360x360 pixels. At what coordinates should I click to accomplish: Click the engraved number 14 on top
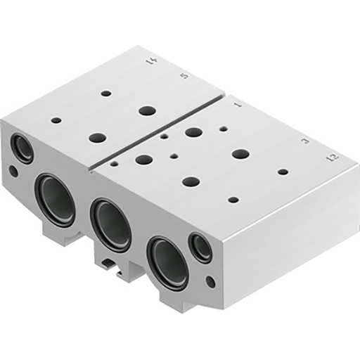pyautogui.click(x=150, y=63)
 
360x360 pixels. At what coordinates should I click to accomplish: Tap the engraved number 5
pyautogui.click(x=184, y=75)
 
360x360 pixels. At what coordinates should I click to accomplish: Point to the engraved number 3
pyautogui.click(x=304, y=141)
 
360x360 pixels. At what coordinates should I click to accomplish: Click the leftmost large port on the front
pyautogui.click(x=57, y=200)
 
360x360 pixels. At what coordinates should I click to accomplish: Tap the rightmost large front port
pyautogui.click(x=168, y=262)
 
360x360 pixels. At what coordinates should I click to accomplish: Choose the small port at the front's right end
pyautogui.click(x=202, y=248)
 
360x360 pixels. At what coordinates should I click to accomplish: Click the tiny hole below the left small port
pyautogui.click(x=13, y=171)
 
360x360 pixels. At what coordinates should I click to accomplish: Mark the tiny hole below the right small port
pyautogui.click(x=210, y=282)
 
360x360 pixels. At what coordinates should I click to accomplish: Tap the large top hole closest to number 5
pyautogui.click(x=147, y=110)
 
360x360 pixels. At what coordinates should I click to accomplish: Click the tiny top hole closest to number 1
pyautogui.click(x=223, y=129)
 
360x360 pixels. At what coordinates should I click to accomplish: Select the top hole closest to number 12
pyautogui.click(x=283, y=172)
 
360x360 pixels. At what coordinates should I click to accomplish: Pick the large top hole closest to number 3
pyautogui.click(x=240, y=153)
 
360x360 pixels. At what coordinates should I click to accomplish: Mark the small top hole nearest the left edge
pyautogui.click(x=56, y=120)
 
